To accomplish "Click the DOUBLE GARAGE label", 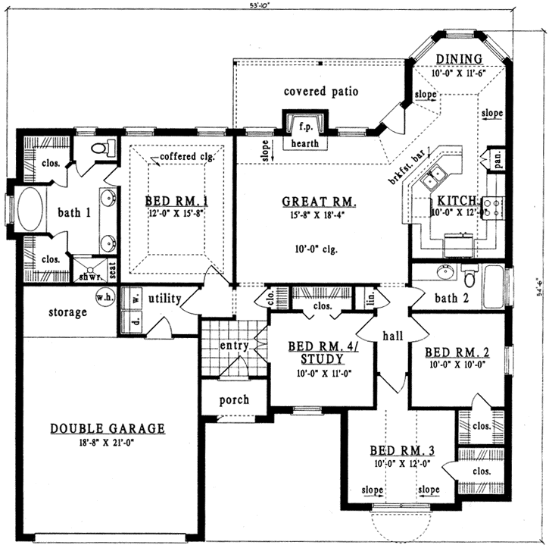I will click(x=108, y=428).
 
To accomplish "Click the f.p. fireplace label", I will click(x=305, y=126).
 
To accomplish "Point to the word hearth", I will click(x=305, y=143).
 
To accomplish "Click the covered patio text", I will click(x=320, y=92).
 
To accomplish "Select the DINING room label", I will click(x=458, y=59).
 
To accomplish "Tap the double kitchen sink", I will click(x=436, y=180).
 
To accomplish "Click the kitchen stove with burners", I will click(x=491, y=207).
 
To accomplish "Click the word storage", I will click(x=68, y=312).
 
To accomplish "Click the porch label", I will click(x=234, y=399).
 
